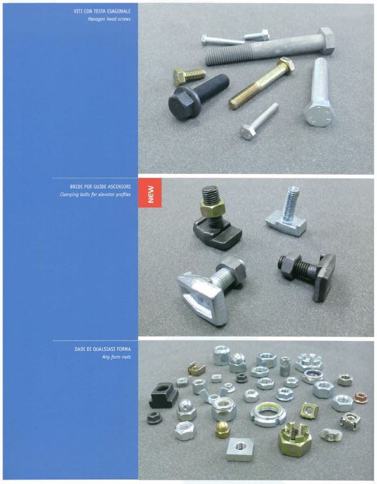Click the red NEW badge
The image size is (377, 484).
(x=150, y=193)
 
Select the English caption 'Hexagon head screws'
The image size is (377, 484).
(x=109, y=19)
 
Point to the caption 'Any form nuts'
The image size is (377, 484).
(x=117, y=357)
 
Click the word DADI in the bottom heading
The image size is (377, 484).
(x=79, y=349)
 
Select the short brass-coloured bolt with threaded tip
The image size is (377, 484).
(x=189, y=76)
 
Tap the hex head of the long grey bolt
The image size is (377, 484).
(x=326, y=40)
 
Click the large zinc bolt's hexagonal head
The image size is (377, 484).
(x=319, y=115)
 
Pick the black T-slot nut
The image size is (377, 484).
(x=163, y=395)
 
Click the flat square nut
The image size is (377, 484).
(x=240, y=449)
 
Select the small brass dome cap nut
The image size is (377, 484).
(x=223, y=429)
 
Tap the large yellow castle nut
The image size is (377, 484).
(x=294, y=439)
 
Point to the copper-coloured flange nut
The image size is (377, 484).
(x=361, y=398)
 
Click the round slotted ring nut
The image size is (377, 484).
(x=267, y=413)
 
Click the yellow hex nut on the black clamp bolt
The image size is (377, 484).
(x=212, y=207)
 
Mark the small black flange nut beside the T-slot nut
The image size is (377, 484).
(x=154, y=418)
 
